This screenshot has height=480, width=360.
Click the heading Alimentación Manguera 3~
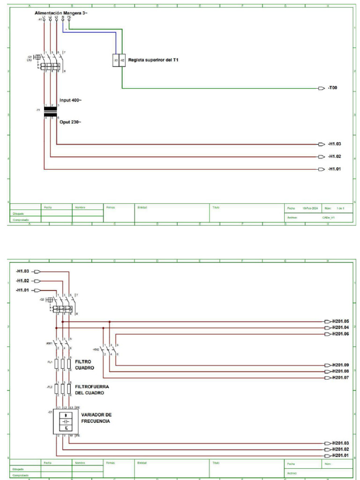click(x=61, y=13)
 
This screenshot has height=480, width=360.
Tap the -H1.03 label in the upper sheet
click(x=334, y=144)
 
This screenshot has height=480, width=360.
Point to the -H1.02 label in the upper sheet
click(x=334, y=157)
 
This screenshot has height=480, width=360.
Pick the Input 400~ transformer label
click(x=70, y=100)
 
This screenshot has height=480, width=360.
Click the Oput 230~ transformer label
click(x=70, y=122)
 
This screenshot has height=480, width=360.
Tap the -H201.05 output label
click(x=340, y=322)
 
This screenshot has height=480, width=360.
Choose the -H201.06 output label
click(x=340, y=334)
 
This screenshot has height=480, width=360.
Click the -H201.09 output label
click(x=340, y=365)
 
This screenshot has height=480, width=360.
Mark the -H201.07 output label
click(x=340, y=377)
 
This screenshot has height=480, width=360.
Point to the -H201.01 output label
click(x=340, y=455)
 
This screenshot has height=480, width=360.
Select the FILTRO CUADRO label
click(x=85, y=365)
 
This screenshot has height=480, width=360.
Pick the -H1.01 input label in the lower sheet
click(x=22, y=290)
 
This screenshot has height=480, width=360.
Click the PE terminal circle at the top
click(x=69, y=20)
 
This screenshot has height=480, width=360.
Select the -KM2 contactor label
click(x=96, y=350)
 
